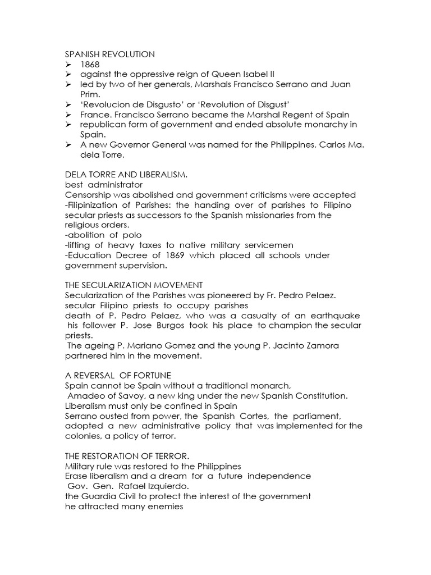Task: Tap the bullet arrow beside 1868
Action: [68, 65]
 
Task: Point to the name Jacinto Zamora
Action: [311, 346]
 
